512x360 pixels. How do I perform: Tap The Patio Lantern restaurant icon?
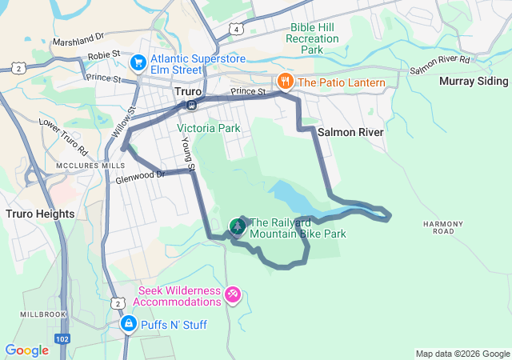(x=284, y=82)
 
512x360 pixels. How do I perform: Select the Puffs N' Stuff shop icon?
(x=128, y=324)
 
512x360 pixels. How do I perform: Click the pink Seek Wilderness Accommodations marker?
(x=233, y=295)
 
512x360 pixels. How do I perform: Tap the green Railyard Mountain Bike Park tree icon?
(x=238, y=227)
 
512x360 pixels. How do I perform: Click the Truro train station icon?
(x=191, y=105)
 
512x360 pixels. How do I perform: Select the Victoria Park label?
(x=208, y=128)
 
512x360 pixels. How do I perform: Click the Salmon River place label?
(x=350, y=131)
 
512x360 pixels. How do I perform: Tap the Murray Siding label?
(x=474, y=82)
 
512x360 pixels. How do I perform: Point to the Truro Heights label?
(x=40, y=214)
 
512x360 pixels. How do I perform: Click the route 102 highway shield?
(x=62, y=339)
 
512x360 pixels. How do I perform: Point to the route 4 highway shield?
(x=238, y=30)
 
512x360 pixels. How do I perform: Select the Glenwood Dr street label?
(x=138, y=175)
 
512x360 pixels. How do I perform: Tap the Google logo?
(x=26, y=350)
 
